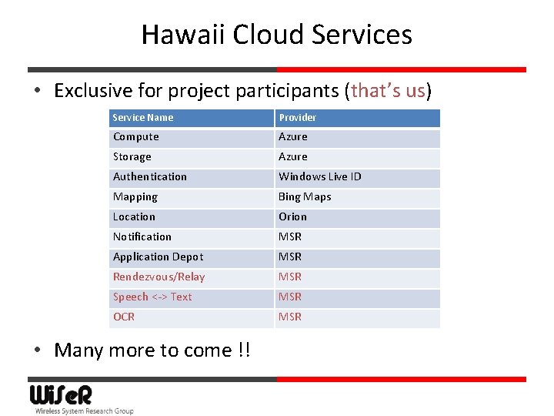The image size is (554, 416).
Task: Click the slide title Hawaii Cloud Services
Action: click(277, 35)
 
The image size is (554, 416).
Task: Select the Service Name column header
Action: click(143, 118)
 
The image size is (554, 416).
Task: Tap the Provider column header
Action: click(298, 118)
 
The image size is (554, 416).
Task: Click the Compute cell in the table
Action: click(136, 137)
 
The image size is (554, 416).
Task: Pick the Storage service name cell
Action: click(132, 157)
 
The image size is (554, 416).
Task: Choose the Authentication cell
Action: click(150, 177)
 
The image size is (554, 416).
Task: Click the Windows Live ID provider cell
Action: click(320, 177)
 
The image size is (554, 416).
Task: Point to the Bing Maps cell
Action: click(305, 197)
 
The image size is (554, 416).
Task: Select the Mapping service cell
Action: click(135, 197)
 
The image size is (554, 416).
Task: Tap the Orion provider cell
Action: click(293, 217)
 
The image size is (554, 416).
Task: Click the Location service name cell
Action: click(135, 217)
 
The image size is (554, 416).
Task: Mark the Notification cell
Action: click(142, 237)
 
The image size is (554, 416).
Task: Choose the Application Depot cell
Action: click(159, 257)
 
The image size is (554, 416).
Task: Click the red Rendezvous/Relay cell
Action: click(159, 277)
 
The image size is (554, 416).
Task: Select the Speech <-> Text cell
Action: click(153, 297)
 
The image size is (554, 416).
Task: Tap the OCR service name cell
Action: click(124, 317)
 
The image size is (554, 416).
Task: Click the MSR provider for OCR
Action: click(290, 317)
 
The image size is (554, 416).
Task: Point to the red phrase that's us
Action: click(388, 91)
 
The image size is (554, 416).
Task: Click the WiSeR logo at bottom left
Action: click(62, 396)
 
